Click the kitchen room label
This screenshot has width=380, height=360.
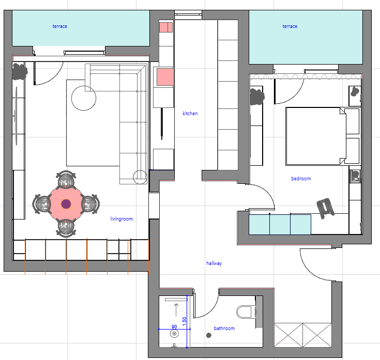[190, 113]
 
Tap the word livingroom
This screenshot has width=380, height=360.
[121, 219]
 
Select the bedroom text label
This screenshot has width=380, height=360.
[301, 178]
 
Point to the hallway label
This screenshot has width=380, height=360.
[214, 263]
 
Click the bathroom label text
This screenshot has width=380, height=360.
[224, 328]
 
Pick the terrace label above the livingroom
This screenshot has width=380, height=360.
[60, 26]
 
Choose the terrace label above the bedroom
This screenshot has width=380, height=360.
[290, 26]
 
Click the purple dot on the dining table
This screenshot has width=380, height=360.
[66, 204]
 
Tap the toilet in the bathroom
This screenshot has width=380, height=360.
[246, 312]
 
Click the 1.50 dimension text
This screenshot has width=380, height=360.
[185, 321]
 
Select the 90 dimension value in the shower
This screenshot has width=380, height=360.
[174, 326]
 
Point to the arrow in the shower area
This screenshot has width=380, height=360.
[176, 310]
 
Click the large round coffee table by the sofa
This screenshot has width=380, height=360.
[84, 98]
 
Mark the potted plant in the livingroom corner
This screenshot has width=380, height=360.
[20, 71]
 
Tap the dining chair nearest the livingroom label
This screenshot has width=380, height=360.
[90, 204]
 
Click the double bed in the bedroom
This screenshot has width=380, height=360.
[322, 136]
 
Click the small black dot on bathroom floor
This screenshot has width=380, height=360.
[209, 335]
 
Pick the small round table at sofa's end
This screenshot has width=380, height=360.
[140, 177]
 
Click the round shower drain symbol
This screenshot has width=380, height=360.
[174, 334]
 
